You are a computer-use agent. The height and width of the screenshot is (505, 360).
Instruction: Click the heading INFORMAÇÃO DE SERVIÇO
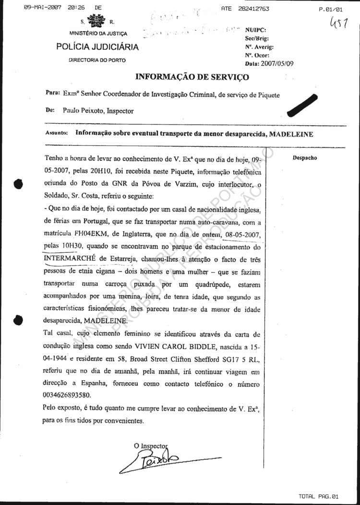192,76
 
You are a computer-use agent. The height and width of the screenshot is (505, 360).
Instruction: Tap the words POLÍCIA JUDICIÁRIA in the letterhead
97,47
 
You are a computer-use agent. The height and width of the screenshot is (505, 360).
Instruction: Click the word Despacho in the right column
305,158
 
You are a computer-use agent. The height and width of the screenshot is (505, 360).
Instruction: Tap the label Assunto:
57,135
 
